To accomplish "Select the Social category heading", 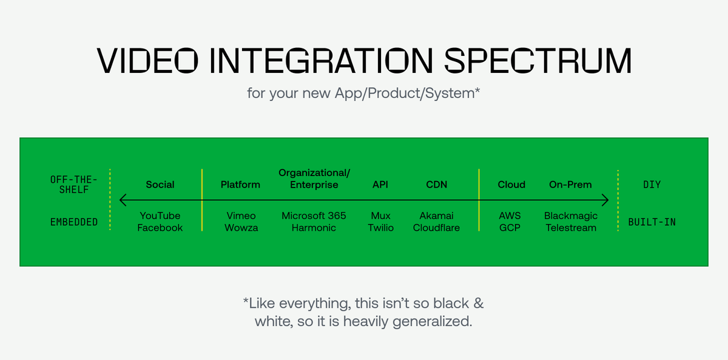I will click(160, 185).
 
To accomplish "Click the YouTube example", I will click(160, 216).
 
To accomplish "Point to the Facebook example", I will click(160, 228).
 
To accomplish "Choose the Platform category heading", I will click(240, 185).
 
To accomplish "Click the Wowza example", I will click(240, 228).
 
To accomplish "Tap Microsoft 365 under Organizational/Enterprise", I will click(314, 216).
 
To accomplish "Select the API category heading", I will click(380, 185).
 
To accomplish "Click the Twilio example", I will click(380, 228).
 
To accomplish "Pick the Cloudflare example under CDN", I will click(436, 228).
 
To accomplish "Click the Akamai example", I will click(436, 216).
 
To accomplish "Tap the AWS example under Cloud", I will click(510, 216).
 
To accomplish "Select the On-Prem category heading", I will click(570, 185).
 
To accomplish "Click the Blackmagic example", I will click(571, 216).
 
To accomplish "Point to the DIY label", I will click(652, 185).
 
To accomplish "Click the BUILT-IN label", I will click(652, 222).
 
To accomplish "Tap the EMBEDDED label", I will click(74, 222).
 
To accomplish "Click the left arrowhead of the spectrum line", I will click(123, 200).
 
